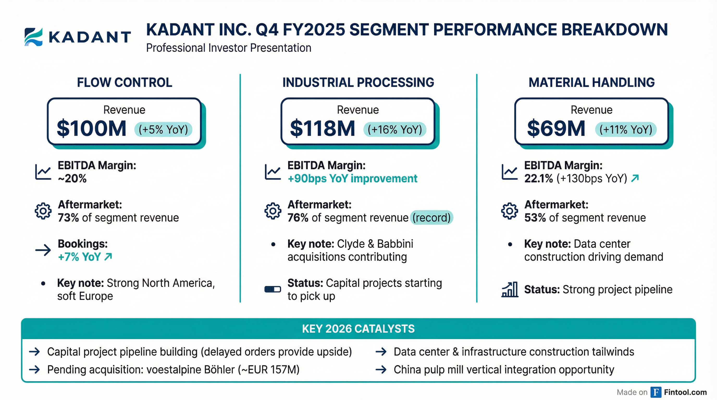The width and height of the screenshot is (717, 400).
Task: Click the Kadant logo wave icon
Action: tap(34, 37)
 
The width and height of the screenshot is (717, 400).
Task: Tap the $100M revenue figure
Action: tap(91, 129)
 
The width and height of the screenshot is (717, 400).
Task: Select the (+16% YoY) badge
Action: tap(395, 130)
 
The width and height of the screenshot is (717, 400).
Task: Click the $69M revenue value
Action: tap(556, 129)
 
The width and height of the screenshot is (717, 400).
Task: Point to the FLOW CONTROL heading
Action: tap(125, 83)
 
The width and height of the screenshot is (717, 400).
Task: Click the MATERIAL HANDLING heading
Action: tap(591, 83)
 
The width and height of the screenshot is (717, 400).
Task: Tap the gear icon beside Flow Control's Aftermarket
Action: tap(43, 211)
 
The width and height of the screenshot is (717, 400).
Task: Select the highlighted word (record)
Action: tap(431, 217)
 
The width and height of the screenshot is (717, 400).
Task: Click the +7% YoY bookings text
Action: tap(79, 257)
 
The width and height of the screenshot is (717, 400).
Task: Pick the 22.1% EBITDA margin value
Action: tap(538, 179)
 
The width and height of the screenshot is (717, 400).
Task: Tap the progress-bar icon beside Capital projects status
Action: tap(273, 290)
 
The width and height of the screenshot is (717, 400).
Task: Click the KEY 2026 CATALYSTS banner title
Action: tap(358, 329)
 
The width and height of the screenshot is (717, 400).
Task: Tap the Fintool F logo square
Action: tap(656, 392)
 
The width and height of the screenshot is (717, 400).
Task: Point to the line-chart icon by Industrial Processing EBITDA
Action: tap(273, 172)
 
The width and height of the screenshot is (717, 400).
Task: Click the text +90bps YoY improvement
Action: tap(352, 179)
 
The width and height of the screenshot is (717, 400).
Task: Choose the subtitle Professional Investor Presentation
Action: tap(228, 48)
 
